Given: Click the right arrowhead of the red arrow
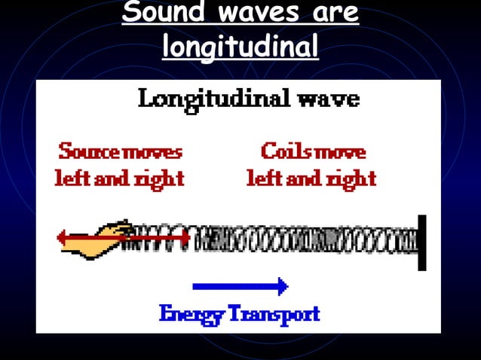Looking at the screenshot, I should (x=184, y=239).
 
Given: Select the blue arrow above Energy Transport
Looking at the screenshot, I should (x=240, y=286).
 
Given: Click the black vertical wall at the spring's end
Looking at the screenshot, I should (x=422, y=243).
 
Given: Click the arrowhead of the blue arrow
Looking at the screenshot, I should (x=282, y=286).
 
